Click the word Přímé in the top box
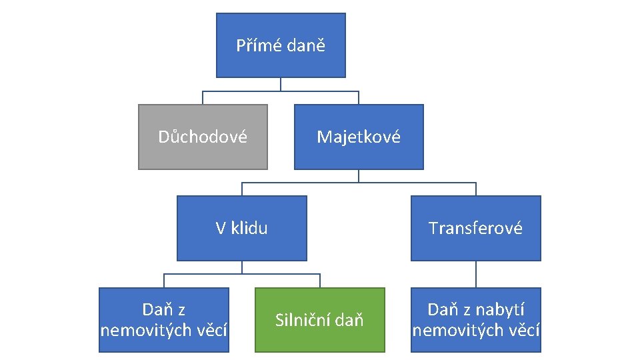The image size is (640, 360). point(259,46)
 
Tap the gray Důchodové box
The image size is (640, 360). point(203,137)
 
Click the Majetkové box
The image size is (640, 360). point(359,137)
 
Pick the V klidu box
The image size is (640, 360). point(241,228)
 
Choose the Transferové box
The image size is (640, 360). point(475,228)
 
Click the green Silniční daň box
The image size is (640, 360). point(319,320)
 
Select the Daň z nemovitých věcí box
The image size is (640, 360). point(164,320)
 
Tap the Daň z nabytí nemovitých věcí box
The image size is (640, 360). point(475,320)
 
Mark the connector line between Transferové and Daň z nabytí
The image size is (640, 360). point(476,274)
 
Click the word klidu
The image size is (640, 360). point(250,228)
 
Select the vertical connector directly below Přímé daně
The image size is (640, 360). point(281,84)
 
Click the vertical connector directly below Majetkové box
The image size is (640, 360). point(359,175)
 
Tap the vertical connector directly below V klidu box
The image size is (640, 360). point(242,267)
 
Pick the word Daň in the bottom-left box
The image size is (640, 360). point(156,310)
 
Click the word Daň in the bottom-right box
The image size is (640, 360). point(442,310)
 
